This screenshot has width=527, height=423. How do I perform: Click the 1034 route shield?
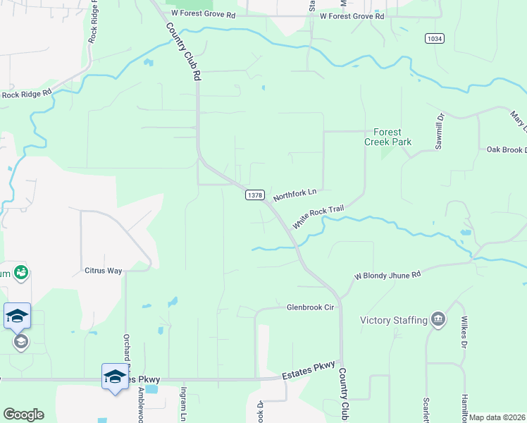pos(435,38)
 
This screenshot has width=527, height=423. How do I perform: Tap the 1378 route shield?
pos(254,195)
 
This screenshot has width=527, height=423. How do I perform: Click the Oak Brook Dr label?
pos(507,149)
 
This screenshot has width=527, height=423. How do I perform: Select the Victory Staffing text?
pos(394,320)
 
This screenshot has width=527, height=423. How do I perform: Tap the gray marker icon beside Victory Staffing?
pos(439,320)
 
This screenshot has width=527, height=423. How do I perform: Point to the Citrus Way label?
pos(104,270)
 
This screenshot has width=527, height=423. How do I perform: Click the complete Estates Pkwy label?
pos(307,376)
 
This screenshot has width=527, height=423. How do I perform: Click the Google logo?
pos(23,415)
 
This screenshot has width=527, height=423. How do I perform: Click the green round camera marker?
pos(21,272)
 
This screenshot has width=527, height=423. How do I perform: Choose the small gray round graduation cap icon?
pos(20,342)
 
